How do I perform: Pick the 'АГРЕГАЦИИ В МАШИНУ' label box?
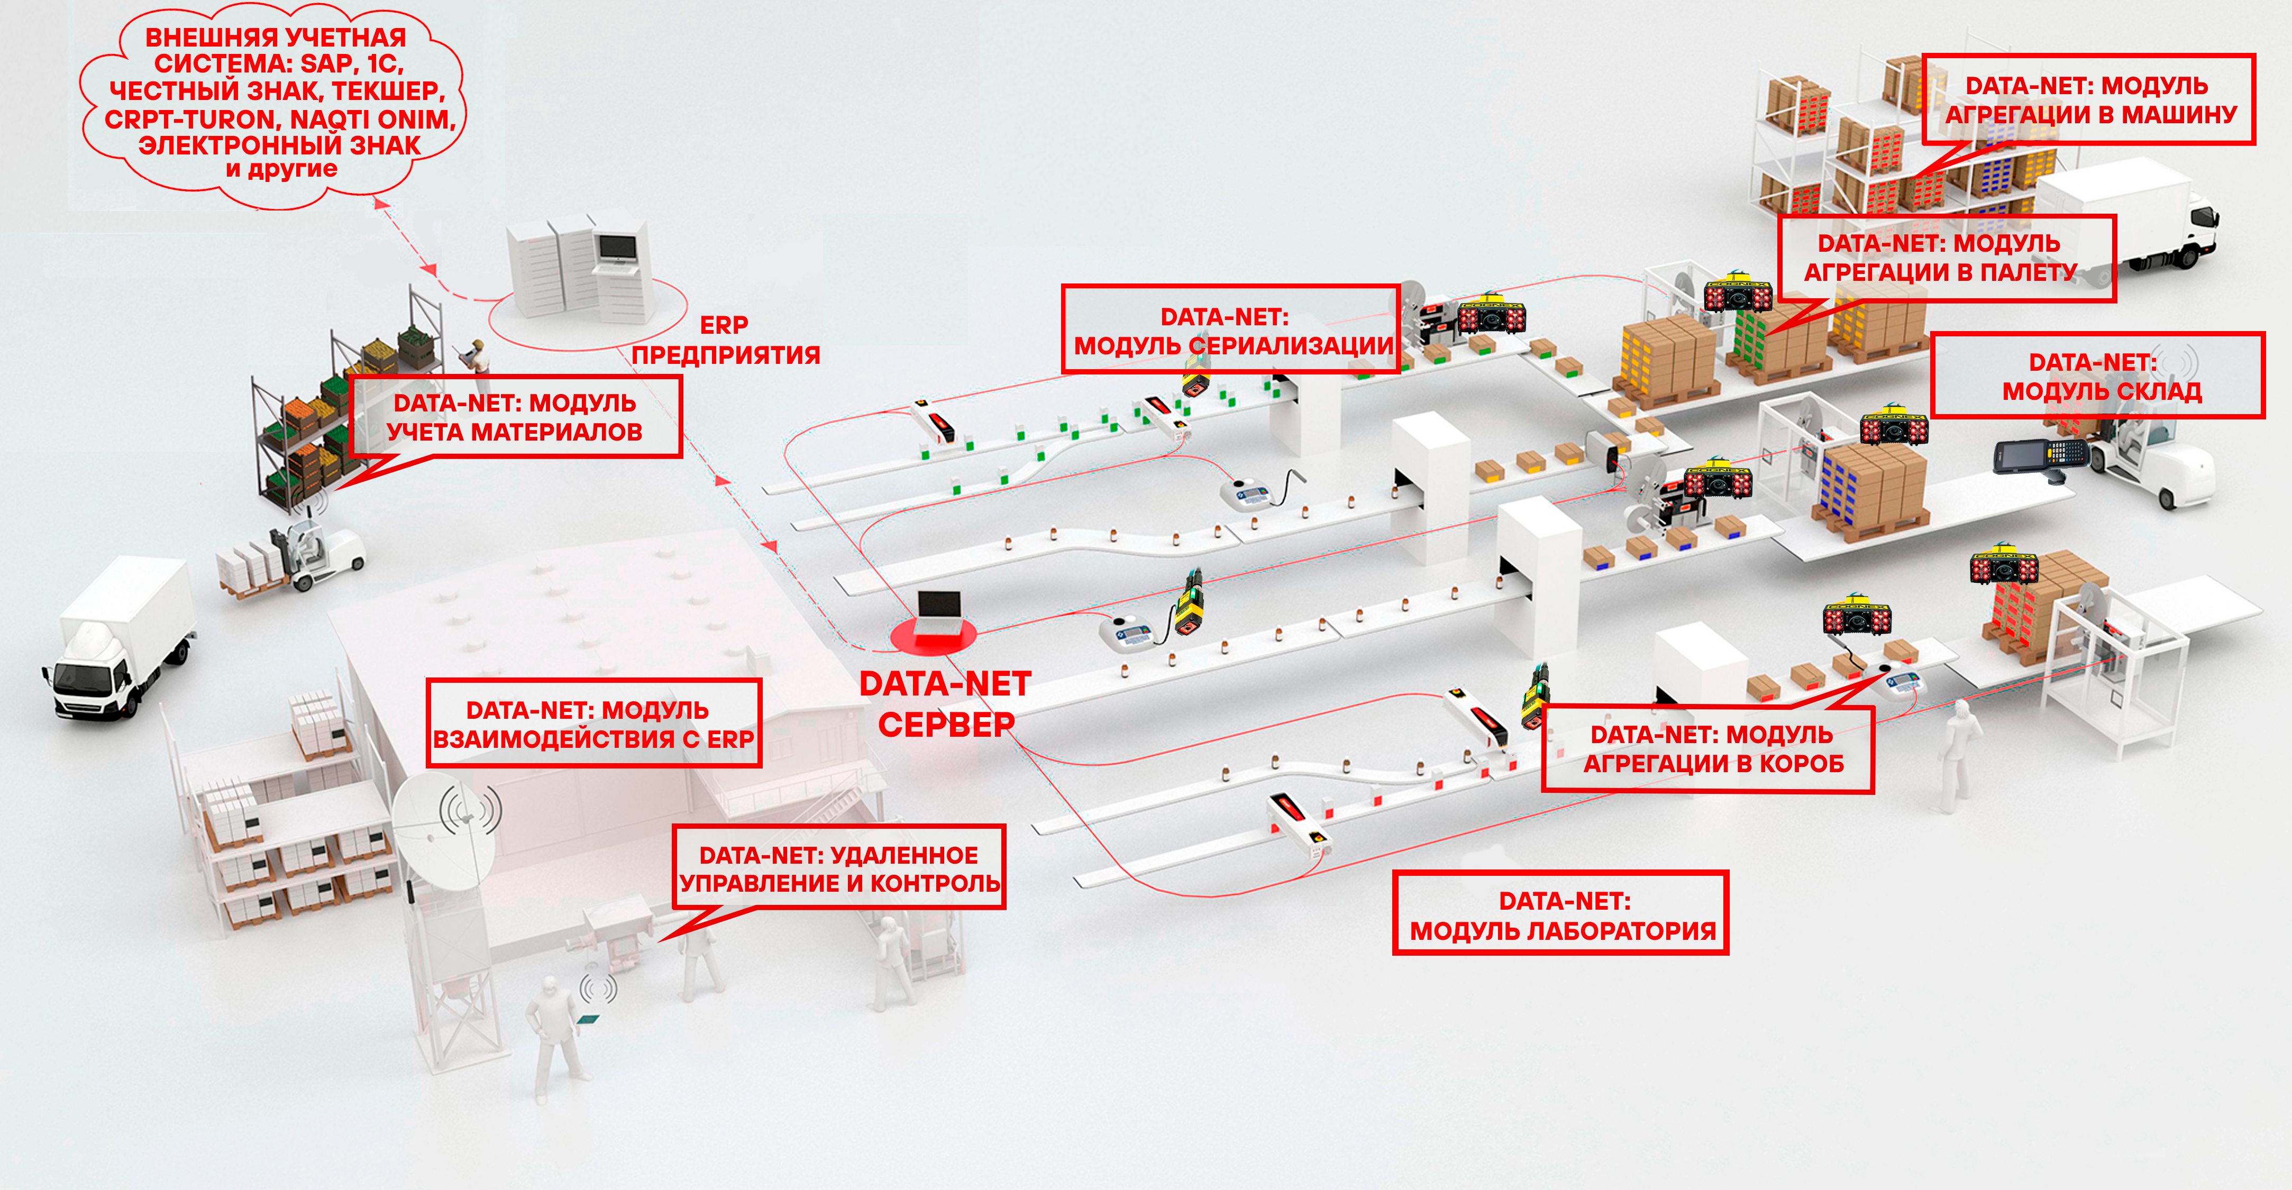[2088, 99]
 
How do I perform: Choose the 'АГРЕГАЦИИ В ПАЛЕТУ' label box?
[1946, 258]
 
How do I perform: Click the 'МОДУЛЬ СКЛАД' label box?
[2098, 376]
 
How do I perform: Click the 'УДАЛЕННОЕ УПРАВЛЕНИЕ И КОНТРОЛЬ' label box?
[839, 868]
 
